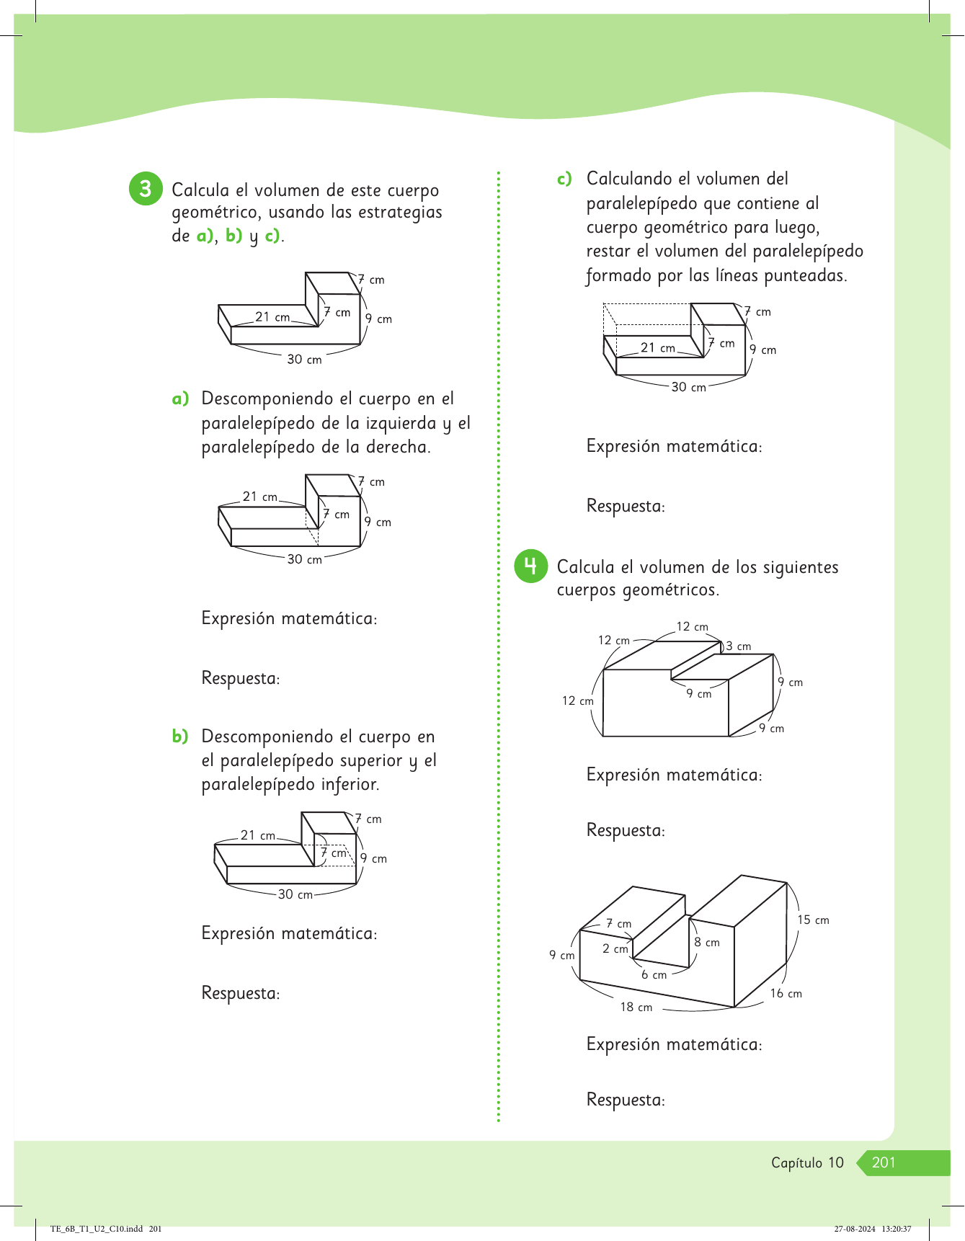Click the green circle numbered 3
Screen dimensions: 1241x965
146,189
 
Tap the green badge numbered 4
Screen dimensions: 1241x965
530,566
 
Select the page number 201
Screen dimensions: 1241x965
884,1162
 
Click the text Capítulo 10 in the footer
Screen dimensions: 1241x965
806,1162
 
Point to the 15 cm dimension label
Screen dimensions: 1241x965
813,920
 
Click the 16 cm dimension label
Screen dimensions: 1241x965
786,994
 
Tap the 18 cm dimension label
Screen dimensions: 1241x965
636,1008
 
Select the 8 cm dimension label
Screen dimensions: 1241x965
707,943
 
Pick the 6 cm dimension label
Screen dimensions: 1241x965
654,975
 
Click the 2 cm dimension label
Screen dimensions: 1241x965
615,949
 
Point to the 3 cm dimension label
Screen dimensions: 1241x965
739,646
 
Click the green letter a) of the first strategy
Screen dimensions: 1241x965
180,399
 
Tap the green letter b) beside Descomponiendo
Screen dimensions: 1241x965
180,737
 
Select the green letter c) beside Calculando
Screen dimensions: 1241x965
564,179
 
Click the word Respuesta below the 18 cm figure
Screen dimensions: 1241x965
624,1100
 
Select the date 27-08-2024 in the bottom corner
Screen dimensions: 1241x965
855,1229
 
